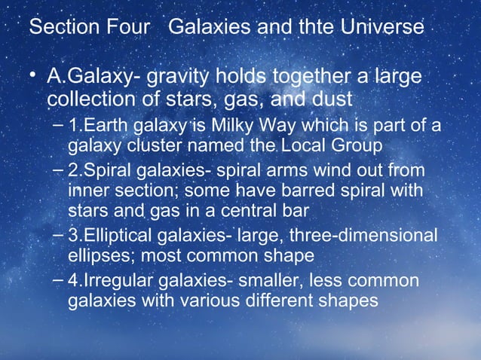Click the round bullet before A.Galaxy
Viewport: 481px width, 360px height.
click(x=32, y=77)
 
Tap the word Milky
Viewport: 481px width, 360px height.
click(x=240, y=124)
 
